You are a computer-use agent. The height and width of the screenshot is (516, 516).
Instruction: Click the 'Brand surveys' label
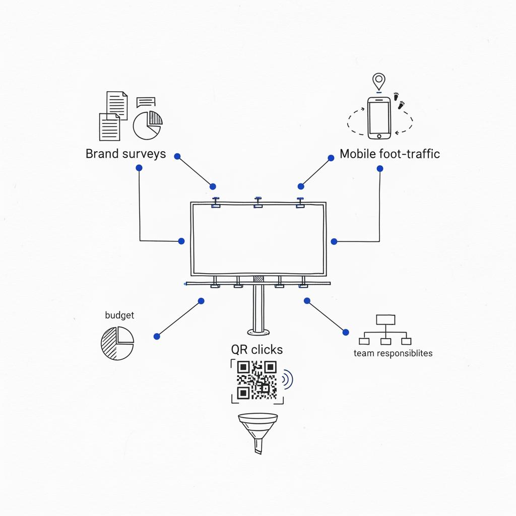125,154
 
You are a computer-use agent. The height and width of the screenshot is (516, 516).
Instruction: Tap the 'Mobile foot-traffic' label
390,154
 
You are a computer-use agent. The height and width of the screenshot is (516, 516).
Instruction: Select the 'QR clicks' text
257,349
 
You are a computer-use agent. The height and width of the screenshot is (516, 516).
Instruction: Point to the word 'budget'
119,315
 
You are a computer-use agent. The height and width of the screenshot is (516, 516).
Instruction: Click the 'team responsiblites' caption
393,353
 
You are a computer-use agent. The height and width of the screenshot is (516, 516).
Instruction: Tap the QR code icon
256,380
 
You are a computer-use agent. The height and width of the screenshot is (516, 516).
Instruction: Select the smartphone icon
379,118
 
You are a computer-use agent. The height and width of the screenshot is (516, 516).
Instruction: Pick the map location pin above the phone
378,81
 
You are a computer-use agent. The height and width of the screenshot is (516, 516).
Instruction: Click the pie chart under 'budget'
117,343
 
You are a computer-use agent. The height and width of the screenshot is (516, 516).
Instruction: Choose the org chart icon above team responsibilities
385,330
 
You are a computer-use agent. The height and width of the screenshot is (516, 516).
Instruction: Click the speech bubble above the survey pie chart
146,102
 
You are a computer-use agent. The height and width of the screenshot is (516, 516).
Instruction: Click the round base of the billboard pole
259,332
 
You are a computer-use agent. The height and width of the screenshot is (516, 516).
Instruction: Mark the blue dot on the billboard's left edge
181,241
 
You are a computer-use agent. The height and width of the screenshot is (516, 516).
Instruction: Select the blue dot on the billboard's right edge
334,242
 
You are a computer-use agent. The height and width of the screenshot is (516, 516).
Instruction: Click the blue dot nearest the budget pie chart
157,336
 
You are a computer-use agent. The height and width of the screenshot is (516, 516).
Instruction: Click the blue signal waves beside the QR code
288,379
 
